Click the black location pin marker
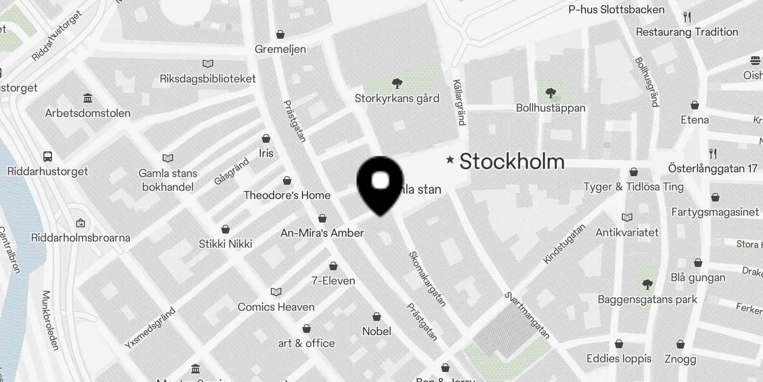[380, 184]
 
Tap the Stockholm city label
[512, 161]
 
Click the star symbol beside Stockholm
[450, 159]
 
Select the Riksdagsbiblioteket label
[207, 79]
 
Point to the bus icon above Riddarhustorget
[48, 156]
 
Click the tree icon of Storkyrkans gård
[397, 84]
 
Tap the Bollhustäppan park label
[550, 108]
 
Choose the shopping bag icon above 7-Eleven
[333, 265]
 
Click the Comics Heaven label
[276, 307]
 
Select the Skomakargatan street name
[428, 279]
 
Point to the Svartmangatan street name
[527, 316]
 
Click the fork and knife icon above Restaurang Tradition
[687, 17]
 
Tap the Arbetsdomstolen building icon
[88, 98]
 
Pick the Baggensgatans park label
[647, 300]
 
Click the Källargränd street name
[458, 102]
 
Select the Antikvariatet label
[627, 233]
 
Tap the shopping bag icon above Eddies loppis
[619, 344]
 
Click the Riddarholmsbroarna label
[81, 237]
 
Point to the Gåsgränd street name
[232, 171]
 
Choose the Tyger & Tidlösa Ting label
[633, 187]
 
